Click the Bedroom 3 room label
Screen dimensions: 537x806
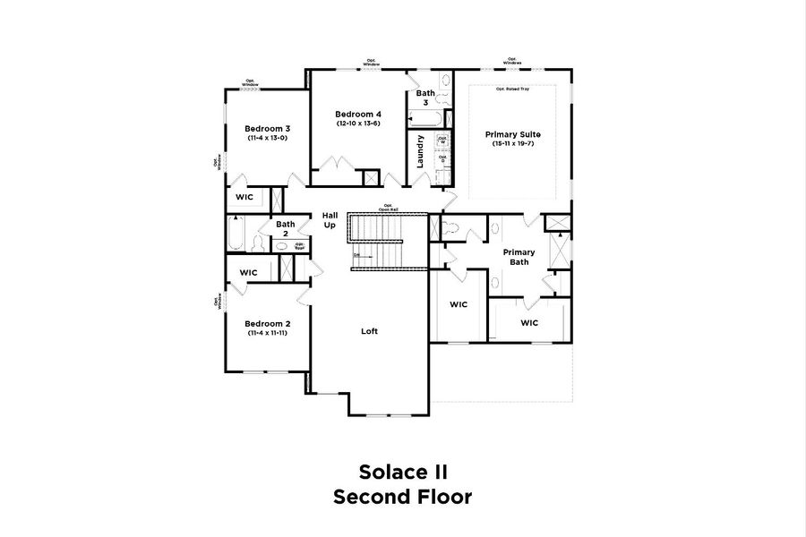click(266, 128)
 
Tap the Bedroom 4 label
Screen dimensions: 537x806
click(358, 114)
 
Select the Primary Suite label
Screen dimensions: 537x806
click(514, 134)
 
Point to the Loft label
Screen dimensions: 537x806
click(369, 331)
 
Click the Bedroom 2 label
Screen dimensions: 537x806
click(266, 323)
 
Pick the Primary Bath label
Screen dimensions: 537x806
click(519, 257)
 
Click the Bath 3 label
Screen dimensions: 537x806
click(425, 98)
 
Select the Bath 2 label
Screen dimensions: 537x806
click(286, 229)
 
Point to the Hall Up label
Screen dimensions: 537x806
click(330, 219)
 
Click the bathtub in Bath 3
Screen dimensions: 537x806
click(424, 119)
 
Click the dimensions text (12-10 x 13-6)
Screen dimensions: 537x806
click(358, 124)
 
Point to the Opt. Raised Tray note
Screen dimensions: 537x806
click(514, 89)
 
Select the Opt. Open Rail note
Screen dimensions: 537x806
click(389, 208)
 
